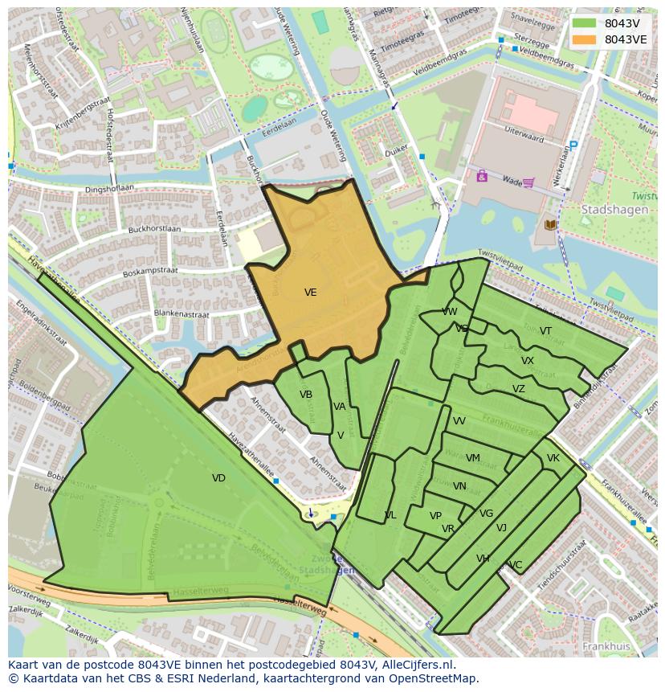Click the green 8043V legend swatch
click(585, 23)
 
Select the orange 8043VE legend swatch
click(585, 39)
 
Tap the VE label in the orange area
click(311, 293)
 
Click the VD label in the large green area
click(218, 478)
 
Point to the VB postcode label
click(306, 395)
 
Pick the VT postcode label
click(545, 331)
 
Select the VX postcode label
click(527, 361)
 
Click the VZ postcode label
click(519, 389)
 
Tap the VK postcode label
click(553, 458)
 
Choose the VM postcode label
click(473, 458)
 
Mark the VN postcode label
click(459, 486)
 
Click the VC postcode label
click(516, 565)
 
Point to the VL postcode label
click(390, 515)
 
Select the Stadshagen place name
click(610, 209)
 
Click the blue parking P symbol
click(573, 146)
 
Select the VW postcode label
click(450, 312)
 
